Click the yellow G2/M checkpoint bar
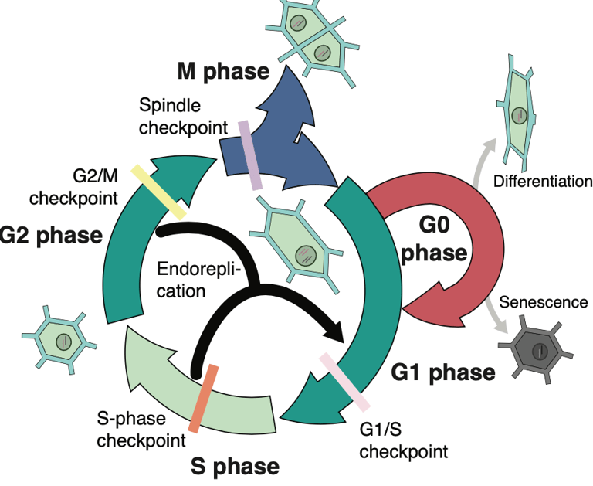159,192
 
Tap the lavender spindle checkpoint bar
250,155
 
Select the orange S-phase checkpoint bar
204,399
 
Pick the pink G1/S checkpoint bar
344,382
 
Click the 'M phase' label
223,71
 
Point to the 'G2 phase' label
51,235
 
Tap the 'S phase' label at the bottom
235,466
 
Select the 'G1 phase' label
443,372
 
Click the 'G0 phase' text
434,240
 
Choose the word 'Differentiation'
543,182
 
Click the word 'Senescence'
544,302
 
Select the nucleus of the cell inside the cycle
305,255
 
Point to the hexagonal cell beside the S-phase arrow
59,340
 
